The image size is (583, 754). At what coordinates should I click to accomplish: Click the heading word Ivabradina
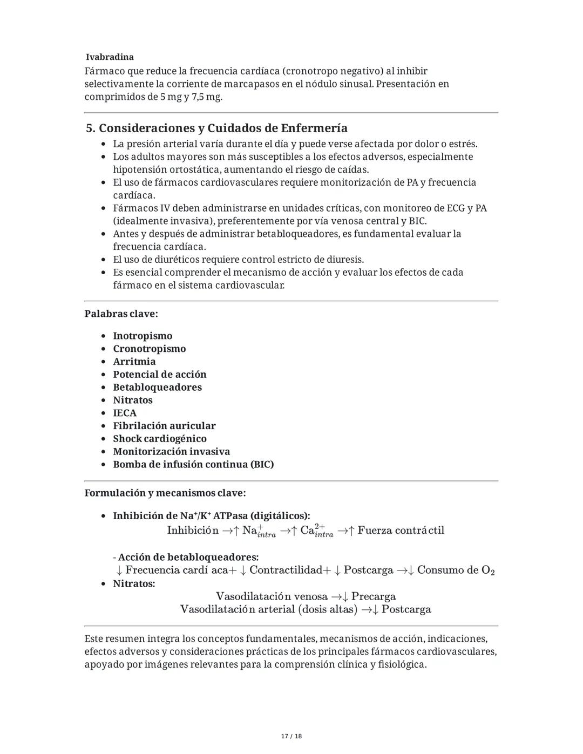click(110, 57)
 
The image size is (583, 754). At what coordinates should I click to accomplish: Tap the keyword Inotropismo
click(143, 336)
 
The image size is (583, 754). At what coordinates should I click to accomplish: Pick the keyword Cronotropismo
click(149, 349)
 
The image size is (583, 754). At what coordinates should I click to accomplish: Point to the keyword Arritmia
click(134, 362)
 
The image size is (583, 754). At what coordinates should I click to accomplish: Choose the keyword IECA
click(125, 413)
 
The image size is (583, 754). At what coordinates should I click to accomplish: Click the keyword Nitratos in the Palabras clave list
click(132, 400)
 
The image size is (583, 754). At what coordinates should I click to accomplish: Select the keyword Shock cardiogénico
click(159, 439)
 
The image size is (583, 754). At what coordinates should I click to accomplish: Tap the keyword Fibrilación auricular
click(164, 426)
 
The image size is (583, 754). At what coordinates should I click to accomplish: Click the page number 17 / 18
click(291, 736)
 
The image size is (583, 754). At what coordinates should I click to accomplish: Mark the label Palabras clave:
click(121, 314)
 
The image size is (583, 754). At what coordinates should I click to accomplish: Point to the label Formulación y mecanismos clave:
click(165, 493)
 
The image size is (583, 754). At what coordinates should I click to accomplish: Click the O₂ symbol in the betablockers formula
click(487, 570)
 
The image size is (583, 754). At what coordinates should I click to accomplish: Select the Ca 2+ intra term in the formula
click(317, 531)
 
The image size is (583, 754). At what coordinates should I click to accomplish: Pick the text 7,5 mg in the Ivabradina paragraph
click(207, 97)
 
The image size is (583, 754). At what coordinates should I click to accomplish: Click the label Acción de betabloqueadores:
click(188, 557)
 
